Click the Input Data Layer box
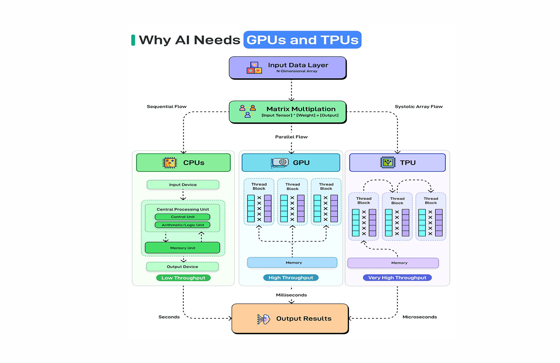(287, 68)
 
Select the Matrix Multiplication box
(287, 112)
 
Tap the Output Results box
(290, 319)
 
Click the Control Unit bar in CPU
(183, 217)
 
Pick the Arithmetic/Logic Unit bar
(183, 225)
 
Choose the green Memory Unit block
(183, 248)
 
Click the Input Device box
(183, 185)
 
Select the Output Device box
(183, 267)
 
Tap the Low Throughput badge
(183, 278)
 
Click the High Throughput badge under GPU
(291, 278)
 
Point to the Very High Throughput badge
(397, 278)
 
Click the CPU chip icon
(170, 163)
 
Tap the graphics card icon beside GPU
(280, 162)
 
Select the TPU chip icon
(388, 162)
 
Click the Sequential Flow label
(167, 107)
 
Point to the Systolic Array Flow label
(419, 107)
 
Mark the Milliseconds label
(291, 295)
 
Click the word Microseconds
(420, 317)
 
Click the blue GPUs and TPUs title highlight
(302, 40)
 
